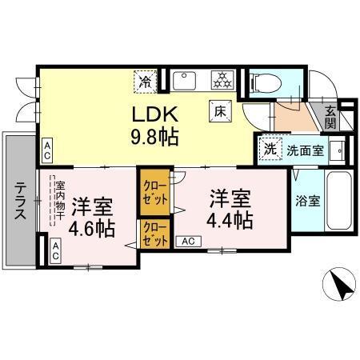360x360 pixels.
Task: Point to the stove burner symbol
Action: click(220, 80)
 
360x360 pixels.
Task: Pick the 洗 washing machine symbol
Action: click(270, 148)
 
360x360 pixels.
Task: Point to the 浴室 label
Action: click(309, 200)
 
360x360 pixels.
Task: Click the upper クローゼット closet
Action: click(154, 192)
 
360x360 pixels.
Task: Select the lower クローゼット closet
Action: click(154, 233)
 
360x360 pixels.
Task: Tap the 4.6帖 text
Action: click(93, 216)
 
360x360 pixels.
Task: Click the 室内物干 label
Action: click(59, 200)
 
